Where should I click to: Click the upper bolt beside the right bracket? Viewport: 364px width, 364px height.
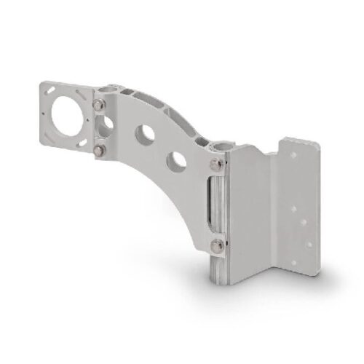tap(216, 169)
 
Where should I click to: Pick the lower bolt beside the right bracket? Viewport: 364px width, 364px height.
tap(217, 244)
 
